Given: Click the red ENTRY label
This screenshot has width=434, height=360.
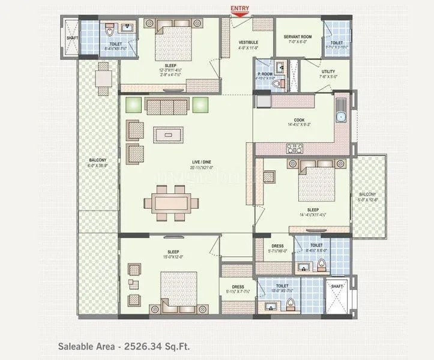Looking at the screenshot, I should (x=240, y=8).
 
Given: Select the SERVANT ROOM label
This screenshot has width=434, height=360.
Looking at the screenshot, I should (x=299, y=37).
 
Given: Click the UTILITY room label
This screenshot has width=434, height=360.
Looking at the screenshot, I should (x=312, y=71).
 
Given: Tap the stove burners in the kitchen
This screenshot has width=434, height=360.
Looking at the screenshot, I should (x=295, y=148).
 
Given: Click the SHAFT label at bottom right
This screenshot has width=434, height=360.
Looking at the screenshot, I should (x=337, y=287).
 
